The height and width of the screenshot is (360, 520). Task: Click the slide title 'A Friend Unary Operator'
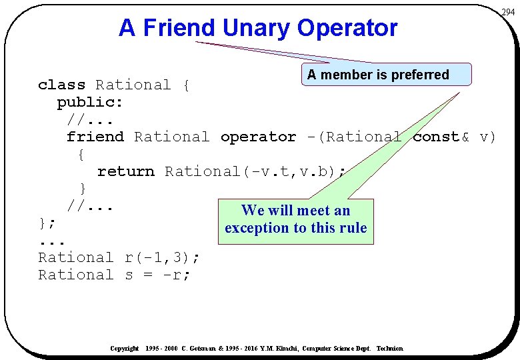click(257, 28)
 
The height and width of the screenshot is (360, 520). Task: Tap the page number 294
click(508, 12)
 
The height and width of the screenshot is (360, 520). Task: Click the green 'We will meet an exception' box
click(295, 220)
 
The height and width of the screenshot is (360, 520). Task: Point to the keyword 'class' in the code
click(61, 85)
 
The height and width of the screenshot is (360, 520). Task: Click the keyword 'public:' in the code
click(90, 102)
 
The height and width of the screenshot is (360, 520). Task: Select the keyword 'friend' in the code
click(95, 137)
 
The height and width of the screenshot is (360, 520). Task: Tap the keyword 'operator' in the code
click(258, 137)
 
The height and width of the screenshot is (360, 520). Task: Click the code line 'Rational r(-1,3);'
click(119, 257)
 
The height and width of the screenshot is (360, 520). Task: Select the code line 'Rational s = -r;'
click(114, 275)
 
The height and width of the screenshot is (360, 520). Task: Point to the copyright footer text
click(257, 349)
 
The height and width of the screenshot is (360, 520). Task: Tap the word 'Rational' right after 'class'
click(133, 85)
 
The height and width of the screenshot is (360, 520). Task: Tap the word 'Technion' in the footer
click(390, 349)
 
